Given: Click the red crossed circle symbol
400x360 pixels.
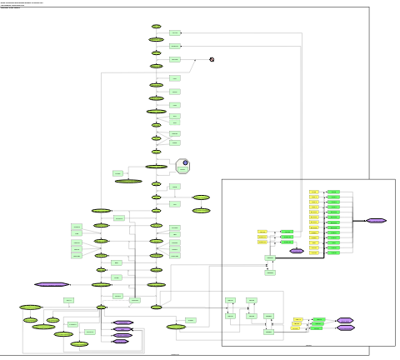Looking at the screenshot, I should [x=212, y=59].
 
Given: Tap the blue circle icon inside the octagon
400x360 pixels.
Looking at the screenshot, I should [x=186, y=163].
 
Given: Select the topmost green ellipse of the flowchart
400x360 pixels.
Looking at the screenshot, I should [x=156, y=27].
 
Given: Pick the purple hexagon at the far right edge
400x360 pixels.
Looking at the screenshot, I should [x=376, y=221].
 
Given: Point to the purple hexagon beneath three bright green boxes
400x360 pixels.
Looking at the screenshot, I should [x=295, y=250].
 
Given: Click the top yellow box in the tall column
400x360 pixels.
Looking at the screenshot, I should [x=314, y=192].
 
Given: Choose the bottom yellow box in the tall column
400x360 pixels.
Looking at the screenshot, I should [x=314, y=252].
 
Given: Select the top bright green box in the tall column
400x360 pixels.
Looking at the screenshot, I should [x=333, y=192].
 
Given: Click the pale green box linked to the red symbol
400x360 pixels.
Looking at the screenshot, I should [x=175, y=60].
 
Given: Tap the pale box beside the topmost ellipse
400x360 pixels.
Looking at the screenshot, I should [x=175, y=32].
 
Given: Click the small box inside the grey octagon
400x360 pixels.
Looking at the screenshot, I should [x=182, y=169].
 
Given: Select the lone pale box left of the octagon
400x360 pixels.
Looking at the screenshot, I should [x=118, y=173].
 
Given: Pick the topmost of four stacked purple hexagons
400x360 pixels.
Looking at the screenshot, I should [x=122, y=322].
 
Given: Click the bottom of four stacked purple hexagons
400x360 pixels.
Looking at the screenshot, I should [x=121, y=342].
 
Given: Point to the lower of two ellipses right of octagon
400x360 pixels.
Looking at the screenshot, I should [x=201, y=211].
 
